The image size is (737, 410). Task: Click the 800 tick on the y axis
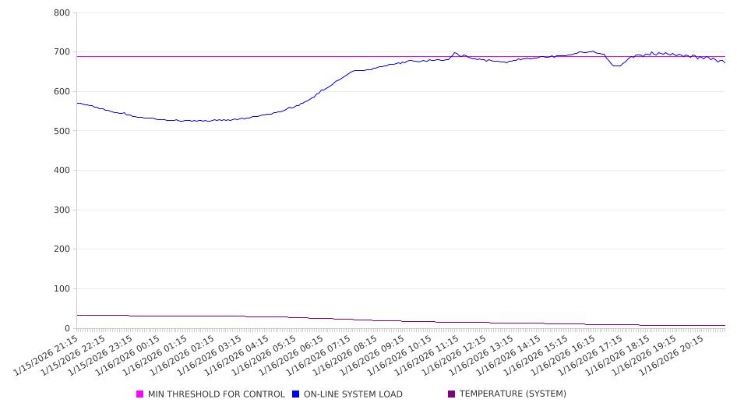[x=62, y=13]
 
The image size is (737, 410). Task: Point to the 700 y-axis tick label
[x=62, y=52]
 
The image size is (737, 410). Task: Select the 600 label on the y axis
[x=62, y=92]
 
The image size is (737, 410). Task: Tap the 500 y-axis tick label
[x=62, y=131]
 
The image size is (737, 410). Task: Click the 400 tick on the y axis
[x=62, y=171]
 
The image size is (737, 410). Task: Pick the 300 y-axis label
[x=62, y=210]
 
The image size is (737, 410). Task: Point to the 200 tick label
[x=62, y=249]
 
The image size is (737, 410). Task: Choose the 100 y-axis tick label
[x=62, y=289]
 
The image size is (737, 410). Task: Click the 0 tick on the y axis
[x=68, y=328]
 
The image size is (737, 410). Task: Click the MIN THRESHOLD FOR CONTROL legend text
[x=216, y=394]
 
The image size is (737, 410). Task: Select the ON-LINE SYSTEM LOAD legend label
[x=352, y=394]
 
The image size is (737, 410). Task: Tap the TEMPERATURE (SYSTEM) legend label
[x=512, y=394]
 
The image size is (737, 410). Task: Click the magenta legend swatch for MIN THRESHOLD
[x=140, y=394]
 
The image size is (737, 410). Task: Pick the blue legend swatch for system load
[x=295, y=394]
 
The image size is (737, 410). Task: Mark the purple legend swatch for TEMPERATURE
[x=451, y=394]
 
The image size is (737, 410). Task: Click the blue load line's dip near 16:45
[x=616, y=66]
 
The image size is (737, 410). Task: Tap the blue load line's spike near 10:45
[x=455, y=52]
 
